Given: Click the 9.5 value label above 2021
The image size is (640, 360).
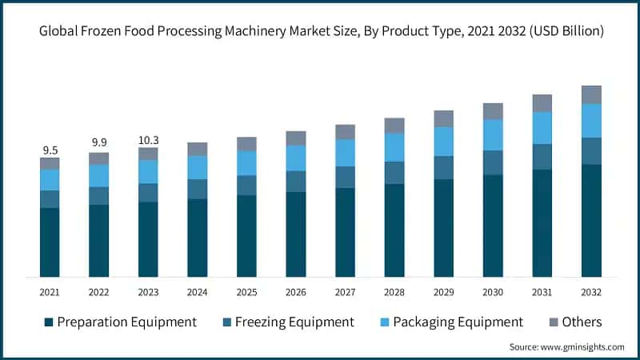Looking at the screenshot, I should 50,150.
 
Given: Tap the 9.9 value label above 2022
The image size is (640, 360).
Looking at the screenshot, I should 99,143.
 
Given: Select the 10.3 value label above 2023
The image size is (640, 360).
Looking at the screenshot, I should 148,139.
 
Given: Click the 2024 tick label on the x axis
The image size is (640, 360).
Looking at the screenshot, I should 197,292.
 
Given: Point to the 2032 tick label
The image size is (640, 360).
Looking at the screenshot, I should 591,292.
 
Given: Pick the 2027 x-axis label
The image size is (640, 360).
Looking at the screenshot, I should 345,292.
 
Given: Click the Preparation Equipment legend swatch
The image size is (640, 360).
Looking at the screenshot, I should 49,322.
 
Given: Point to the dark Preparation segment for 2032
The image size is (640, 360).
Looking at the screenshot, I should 591,220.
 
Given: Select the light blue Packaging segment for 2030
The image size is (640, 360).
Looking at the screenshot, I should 493,134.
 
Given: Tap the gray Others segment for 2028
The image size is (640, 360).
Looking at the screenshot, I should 394,125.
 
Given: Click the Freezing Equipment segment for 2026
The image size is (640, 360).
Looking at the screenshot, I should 296,181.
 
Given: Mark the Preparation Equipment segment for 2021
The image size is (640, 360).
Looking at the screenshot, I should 50,242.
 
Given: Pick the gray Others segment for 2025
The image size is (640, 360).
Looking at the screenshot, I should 246,144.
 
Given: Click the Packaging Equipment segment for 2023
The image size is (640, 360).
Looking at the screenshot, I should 148,171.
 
